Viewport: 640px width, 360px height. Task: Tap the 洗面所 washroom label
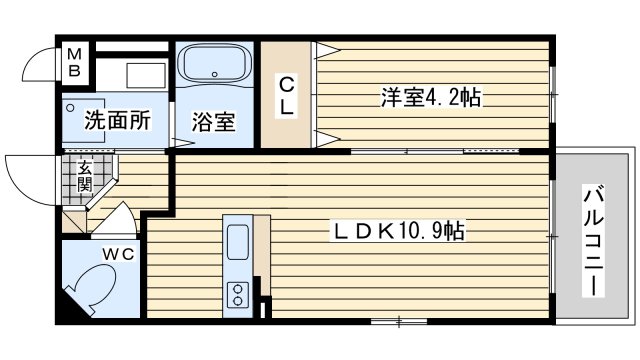point(117,121)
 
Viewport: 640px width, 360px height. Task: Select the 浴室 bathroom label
point(213,122)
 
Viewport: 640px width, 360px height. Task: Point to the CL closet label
point(285,95)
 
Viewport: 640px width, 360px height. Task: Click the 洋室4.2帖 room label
point(431,97)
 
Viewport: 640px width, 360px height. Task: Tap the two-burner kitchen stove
point(238,294)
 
